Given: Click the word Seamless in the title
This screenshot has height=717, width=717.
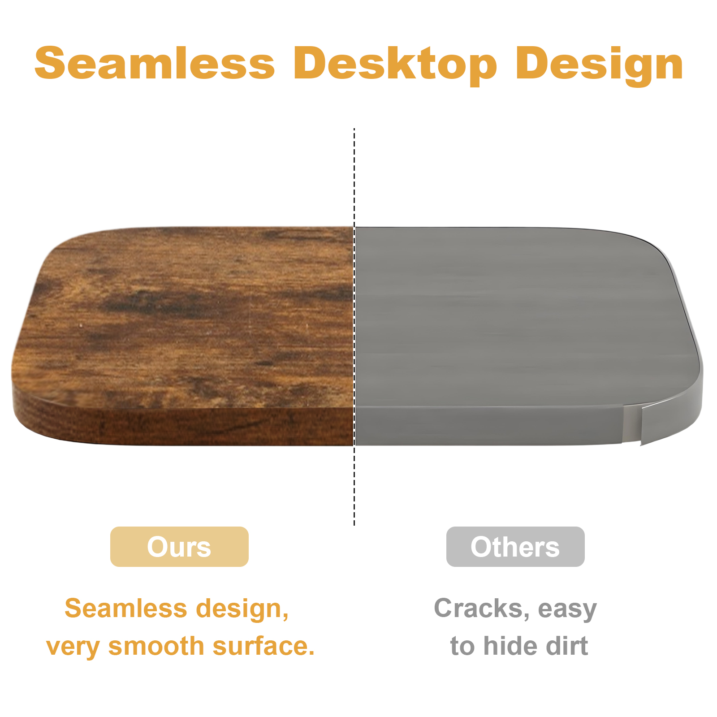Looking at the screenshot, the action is [155, 64].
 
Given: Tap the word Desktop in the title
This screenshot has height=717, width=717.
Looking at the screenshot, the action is [395, 65].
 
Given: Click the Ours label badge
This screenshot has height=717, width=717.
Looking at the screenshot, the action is [179, 547].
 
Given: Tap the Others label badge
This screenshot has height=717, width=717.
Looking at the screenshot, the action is [515, 547].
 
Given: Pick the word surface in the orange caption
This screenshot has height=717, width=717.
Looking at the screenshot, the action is [263, 646].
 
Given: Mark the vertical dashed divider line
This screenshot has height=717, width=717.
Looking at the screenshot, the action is [354, 327].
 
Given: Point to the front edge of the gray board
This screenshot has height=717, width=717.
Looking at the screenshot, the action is [488, 426].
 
